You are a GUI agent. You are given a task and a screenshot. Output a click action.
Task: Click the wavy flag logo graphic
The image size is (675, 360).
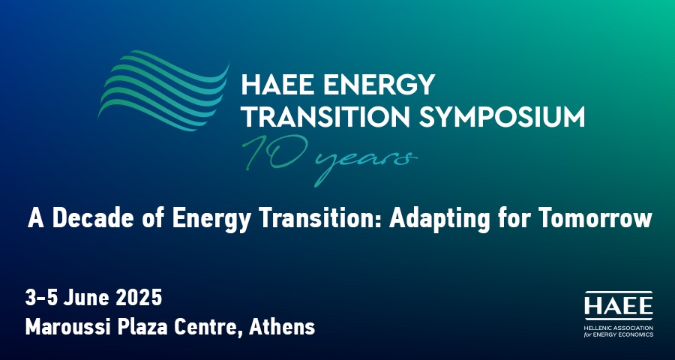pyautogui.click(x=163, y=91)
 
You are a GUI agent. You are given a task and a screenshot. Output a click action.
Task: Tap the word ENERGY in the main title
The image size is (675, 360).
pyautogui.click(x=379, y=85)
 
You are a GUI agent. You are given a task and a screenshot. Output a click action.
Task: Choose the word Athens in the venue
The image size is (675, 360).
pyautogui.click(x=282, y=328)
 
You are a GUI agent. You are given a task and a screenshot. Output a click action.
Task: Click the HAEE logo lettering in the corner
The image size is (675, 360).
pyautogui.click(x=619, y=306)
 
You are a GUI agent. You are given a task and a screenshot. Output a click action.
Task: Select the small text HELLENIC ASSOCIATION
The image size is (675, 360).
pyautogui.click(x=619, y=328)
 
